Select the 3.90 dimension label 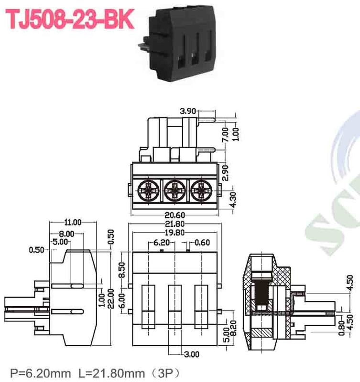click(188, 111)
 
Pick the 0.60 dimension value click(202, 242)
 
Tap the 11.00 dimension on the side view click(73, 222)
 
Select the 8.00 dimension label click(66, 233)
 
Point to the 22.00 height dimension click(110, 299)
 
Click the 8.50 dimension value click(122, 270)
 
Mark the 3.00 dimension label click(191, 354)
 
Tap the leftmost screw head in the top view click(147, 191)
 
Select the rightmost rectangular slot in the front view click(201, 305)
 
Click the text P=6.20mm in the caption click(40, 371)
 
